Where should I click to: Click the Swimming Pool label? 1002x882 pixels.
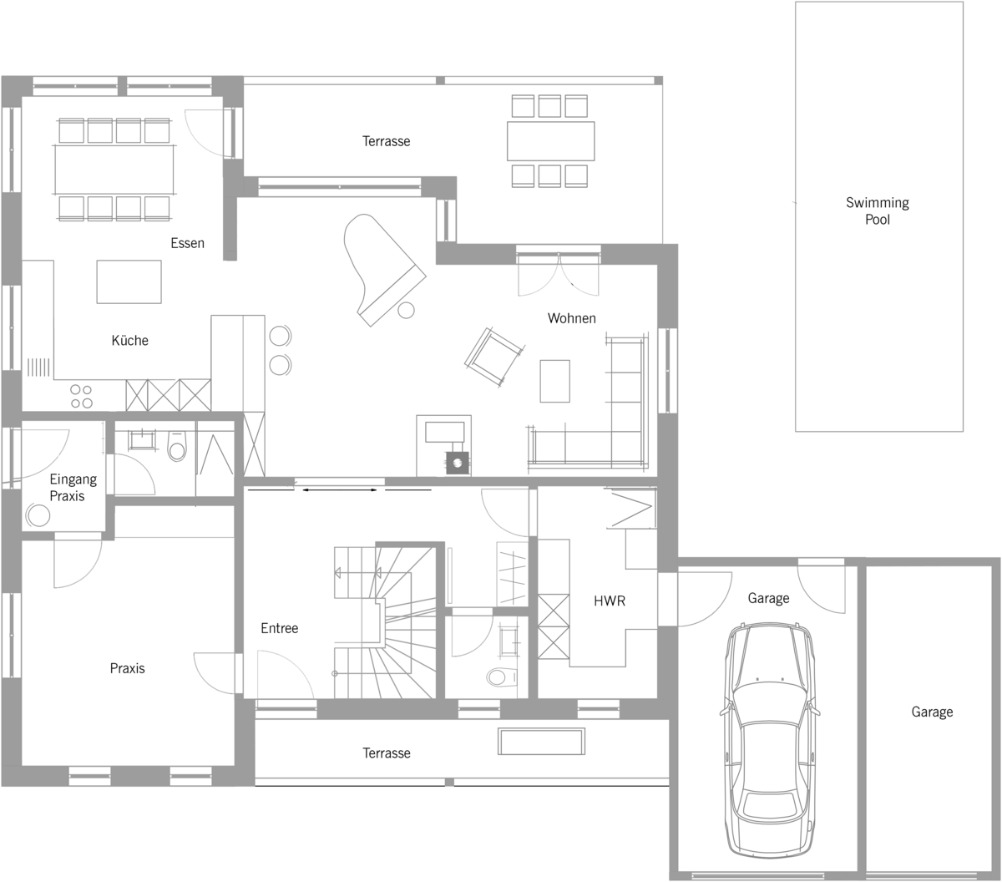878,210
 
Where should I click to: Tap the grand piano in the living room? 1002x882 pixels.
381,267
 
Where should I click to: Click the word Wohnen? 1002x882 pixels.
571,318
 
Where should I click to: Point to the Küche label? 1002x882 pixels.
129,340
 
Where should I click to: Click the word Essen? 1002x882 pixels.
187,243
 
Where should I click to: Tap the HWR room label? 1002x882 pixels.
610,601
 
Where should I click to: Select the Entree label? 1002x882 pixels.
280,628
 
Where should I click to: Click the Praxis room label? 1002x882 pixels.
127,668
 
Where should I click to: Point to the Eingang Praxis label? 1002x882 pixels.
73,487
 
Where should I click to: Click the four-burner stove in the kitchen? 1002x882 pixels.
82,397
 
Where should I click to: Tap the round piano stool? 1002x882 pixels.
406,310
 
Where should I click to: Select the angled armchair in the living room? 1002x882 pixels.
493,356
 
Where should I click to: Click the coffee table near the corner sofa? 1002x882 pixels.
555,381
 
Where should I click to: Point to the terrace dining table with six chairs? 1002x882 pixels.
550,141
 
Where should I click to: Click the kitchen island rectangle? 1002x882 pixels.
129,281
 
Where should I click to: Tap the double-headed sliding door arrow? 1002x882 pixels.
340,489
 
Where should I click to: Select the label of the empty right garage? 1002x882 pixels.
932,712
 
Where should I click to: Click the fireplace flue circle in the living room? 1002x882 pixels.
458,463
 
